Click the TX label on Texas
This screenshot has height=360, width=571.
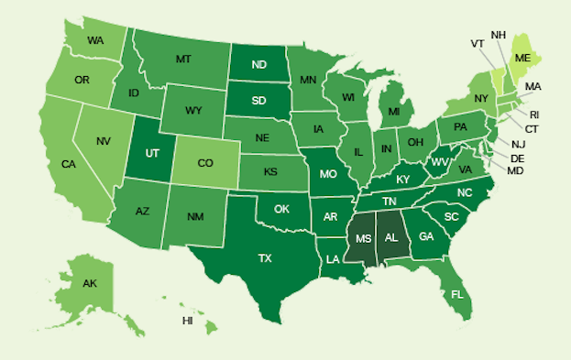tap(265, 258)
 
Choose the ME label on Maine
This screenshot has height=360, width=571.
tap(522, 56)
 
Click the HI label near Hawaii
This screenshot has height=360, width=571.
tap(188, 321)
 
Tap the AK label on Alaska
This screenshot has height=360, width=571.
tap(89, 283)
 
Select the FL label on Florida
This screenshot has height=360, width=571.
tap(456, 294)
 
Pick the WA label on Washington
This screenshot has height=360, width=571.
tap(95, 40)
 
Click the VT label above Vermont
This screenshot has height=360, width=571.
tap(478, 42)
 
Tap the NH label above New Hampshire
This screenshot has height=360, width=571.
tap(500, 35)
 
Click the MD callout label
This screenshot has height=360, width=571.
tap(515, 171)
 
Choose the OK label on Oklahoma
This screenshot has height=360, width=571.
tap(281, 209)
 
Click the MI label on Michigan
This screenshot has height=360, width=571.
tap(393, 112)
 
